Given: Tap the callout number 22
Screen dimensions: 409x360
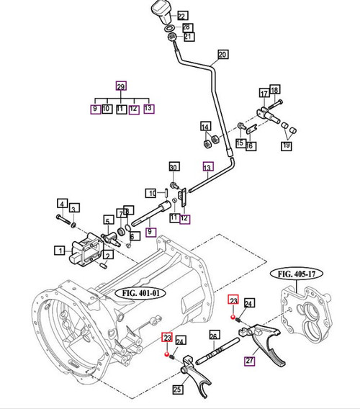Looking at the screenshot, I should (181, 15).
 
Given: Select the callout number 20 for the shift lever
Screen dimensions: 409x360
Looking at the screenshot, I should (222, 55).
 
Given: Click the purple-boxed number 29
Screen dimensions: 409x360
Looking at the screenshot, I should (120, 84).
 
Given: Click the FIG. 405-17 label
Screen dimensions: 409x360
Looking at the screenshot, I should (298, 274).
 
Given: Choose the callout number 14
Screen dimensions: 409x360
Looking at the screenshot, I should (205, 127).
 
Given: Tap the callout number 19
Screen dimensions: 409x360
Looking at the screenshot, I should (287, 146).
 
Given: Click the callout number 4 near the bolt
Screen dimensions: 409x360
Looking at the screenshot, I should (63, 204).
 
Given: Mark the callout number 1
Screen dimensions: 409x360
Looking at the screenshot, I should (58, 251).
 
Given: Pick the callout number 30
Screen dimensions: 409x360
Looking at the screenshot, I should (173, 168).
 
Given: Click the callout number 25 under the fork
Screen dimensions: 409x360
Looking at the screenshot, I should (177, 390).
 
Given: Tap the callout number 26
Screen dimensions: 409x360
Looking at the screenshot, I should (214, 335).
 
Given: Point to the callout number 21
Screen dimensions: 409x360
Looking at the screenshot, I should (188, 36).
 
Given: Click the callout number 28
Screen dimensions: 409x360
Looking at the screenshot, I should (187, 26).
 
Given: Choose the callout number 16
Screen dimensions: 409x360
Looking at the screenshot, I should (251, 145).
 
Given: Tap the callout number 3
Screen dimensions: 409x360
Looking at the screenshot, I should (74, 207).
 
